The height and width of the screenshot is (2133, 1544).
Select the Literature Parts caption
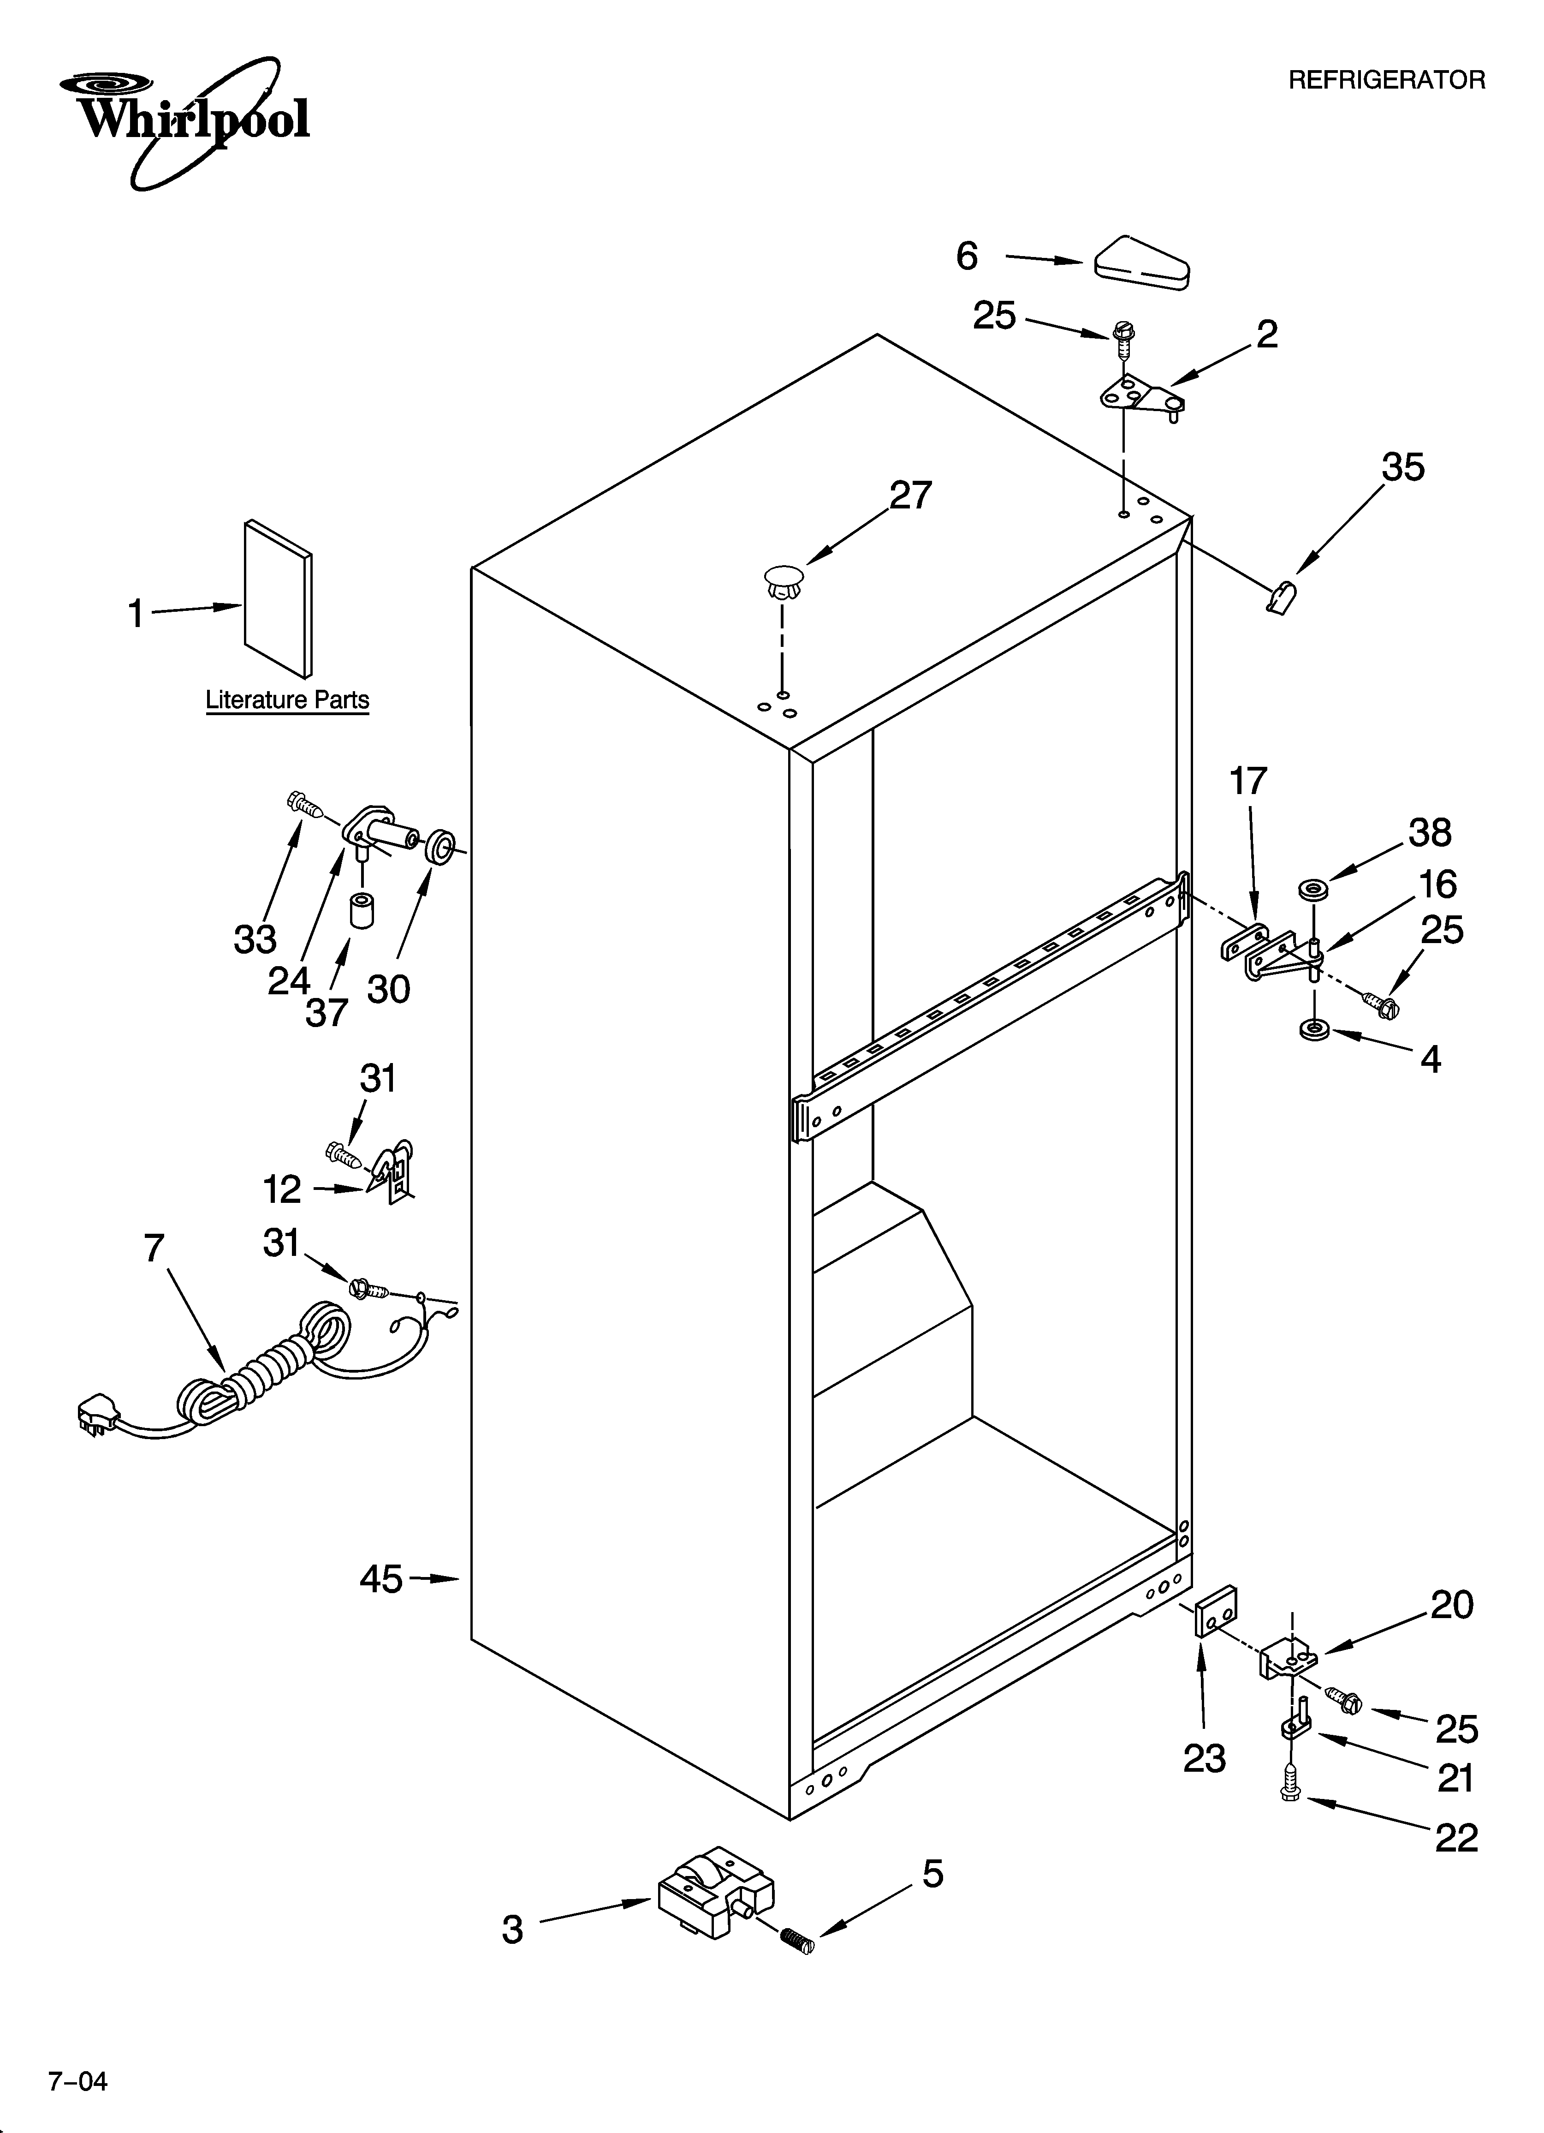[287, 701]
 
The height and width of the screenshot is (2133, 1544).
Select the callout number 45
[381, 1579]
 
